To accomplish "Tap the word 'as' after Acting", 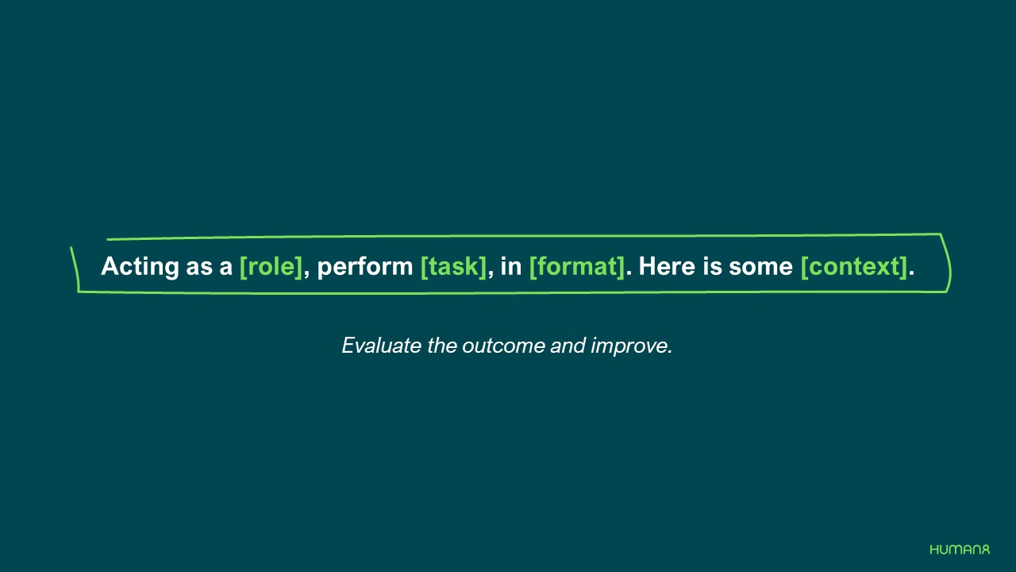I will point(199,267).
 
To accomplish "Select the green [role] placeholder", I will point(271,267).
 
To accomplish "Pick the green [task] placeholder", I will point(453,267).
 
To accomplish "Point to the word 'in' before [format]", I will point(510,267).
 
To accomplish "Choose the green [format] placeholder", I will point(577,267).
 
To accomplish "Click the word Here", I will point(667,267).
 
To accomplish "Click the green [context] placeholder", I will point(853,267).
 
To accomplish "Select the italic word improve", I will point(631,346).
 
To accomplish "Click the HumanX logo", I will point(960,550).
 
